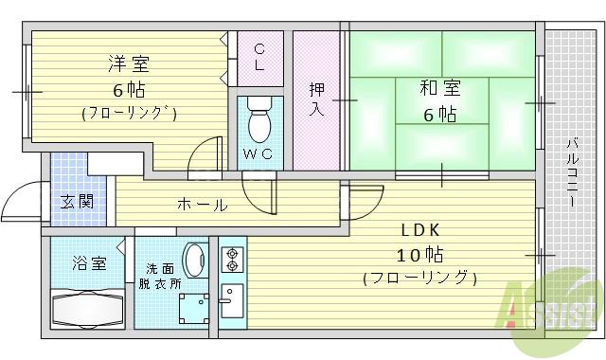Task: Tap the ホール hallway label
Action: tap(201, 205)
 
